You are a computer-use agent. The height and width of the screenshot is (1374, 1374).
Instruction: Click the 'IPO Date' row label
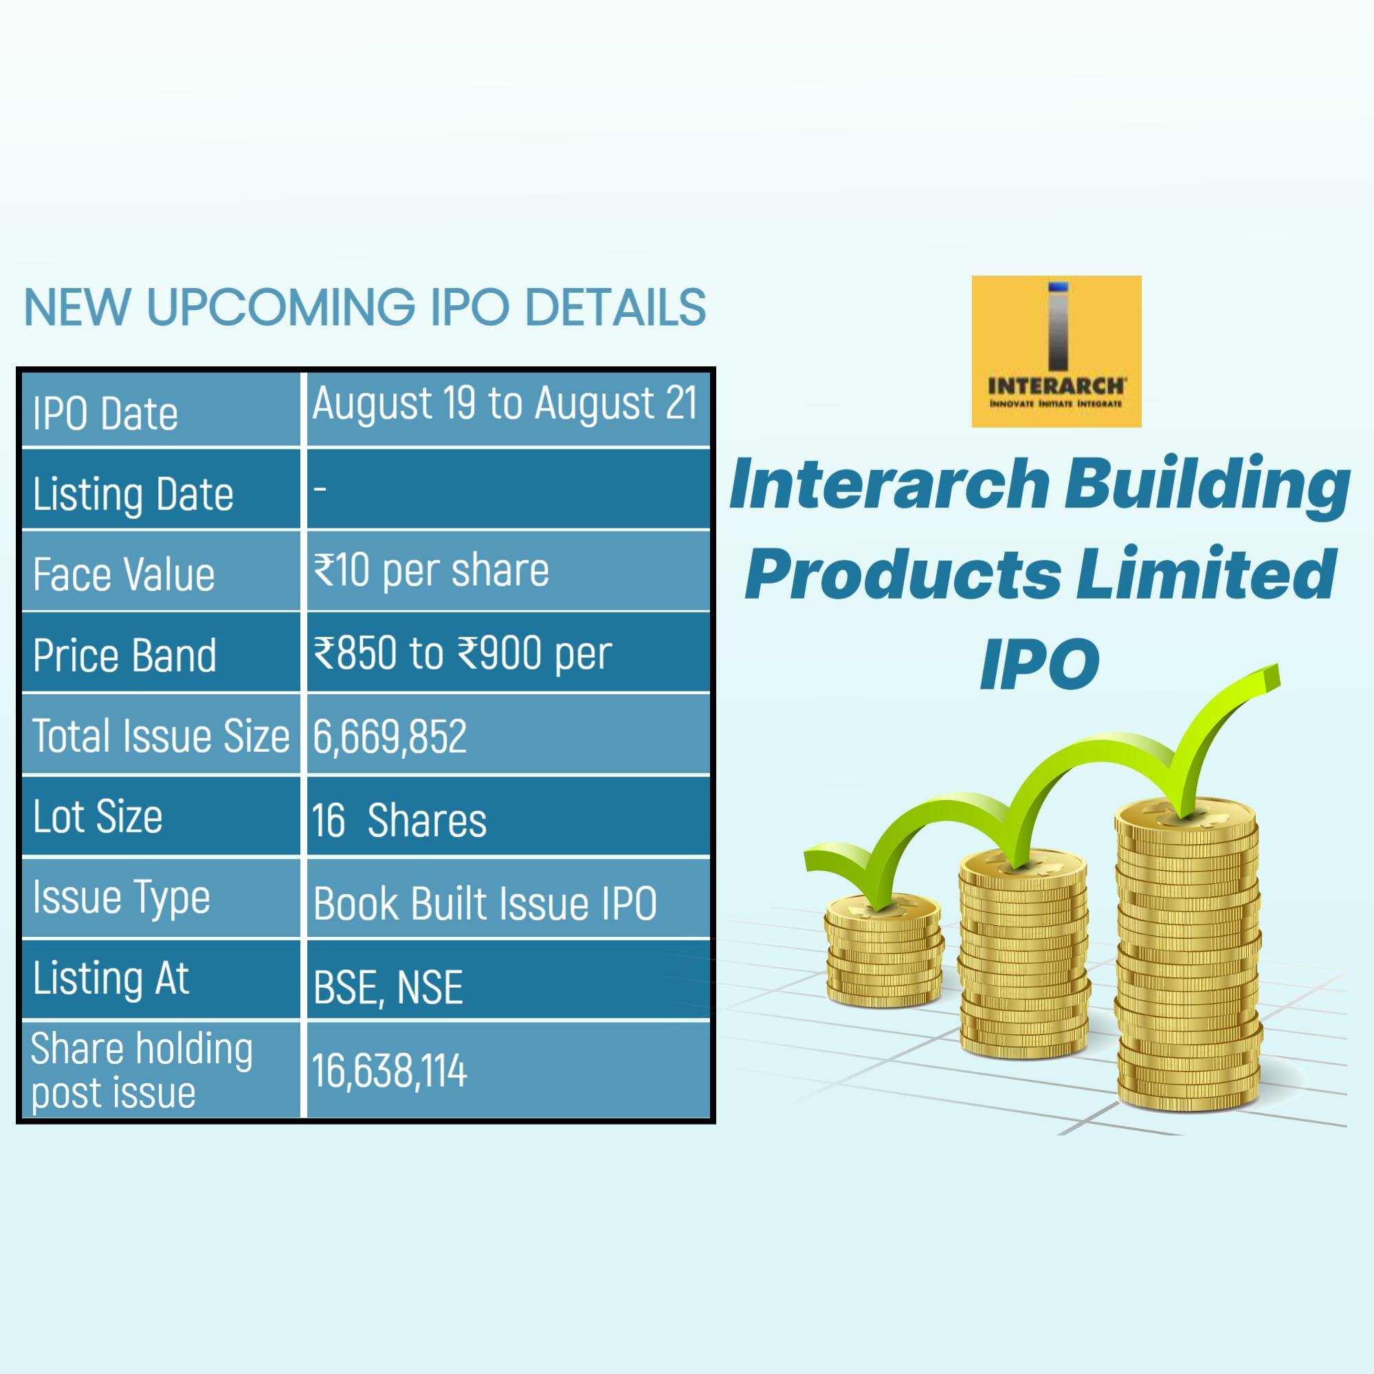105,414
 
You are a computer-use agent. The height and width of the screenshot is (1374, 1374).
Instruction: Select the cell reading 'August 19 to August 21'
505,403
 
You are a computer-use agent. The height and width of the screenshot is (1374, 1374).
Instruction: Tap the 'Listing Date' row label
133,495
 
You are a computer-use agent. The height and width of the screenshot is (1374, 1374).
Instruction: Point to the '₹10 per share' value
431,571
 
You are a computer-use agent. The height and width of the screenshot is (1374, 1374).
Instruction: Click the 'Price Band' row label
124,655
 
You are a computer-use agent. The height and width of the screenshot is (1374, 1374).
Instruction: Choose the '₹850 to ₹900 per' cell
463,654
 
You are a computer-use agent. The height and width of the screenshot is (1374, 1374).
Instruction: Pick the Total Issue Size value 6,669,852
390,736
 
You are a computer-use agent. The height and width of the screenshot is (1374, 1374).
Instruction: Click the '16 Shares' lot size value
399,820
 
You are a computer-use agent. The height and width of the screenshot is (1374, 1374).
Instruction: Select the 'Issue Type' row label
121,898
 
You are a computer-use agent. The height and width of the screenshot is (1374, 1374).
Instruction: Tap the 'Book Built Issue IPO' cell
485,904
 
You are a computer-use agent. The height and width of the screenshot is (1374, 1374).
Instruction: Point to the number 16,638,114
389,1070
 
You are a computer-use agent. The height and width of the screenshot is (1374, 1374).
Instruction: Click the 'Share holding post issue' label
142,1070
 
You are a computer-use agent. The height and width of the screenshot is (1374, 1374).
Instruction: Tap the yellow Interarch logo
1056,351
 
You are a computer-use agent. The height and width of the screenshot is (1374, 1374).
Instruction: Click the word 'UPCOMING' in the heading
281,307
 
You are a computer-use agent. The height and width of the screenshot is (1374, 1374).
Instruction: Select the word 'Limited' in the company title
1205,575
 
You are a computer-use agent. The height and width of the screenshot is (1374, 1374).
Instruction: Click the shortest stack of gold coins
884,949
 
